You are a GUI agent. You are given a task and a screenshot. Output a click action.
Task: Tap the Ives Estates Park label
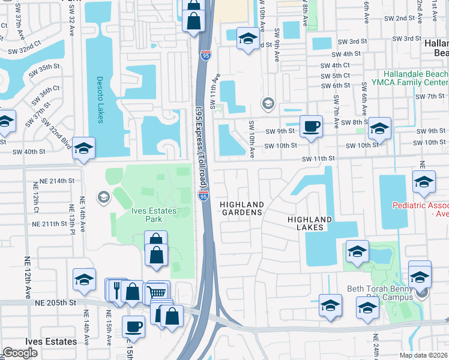(x=154, y=215)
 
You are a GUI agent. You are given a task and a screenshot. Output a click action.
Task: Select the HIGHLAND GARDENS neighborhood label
(x=241, y=208)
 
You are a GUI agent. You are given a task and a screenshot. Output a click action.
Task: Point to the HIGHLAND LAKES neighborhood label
(x=310, y=224)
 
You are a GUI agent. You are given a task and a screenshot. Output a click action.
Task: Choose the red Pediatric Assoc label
(x=420, y=209)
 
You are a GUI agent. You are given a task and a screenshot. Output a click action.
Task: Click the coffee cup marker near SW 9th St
(x=310, y=126)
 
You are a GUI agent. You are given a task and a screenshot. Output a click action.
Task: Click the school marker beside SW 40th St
(x=84, y=148)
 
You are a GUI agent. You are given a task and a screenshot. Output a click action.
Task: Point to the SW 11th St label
(x=318, y=158)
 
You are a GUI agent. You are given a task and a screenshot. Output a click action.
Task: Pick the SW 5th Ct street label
(x=335, y=76)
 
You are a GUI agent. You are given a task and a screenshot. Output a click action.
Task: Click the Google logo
(x=20, y=353)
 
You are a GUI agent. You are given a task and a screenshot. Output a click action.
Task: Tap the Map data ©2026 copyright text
(x=423, y=355)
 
